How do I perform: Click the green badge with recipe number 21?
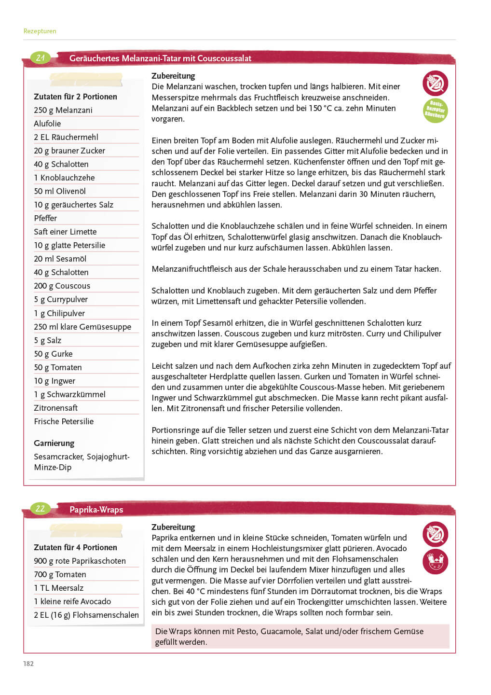pyautogui.click(x=41, y=58)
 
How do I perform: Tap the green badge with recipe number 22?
pyautogui.click(x=41, y=509)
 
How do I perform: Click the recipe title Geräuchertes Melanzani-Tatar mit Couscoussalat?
pyautogui.click(x=160, y=58)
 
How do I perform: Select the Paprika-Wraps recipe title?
pyautogui.click(x=96, y=510)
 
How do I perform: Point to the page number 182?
pyautogui.click(x=28, y=664)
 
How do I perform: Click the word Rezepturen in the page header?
pyautogui.click(x=40, y=31)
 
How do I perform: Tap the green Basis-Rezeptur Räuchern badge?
pyautogui.click(x=435, y=111)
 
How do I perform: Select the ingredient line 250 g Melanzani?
pyautogui.click(x=63, y=110)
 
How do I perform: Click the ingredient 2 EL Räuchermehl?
pyautogui.click(x=66, y=137)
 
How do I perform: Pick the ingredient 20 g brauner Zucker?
pyautogui.click(x=69, y=151)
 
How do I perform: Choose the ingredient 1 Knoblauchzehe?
pyautogui.click(x=64, y=178)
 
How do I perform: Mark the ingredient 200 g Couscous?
pyautogui.click(x=62, y=286)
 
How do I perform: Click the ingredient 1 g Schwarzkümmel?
pyautogui.click(x=69, y=394)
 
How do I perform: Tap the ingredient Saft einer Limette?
pyautogui.click(x=65, y=232)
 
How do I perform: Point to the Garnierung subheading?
pyautogui.click(x=54, y=443)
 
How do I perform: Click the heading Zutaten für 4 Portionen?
pyautogui.click(x=75, y=547)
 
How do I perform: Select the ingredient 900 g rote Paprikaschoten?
pyautogui.click(x=80, y=561)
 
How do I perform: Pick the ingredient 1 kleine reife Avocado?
pyautogui.click(x=72, y=601)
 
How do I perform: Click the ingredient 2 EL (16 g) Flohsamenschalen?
pyautogui.click(x=86, y=615)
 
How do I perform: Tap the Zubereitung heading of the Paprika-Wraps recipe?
pyautogui.click(x=173, y=527)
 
